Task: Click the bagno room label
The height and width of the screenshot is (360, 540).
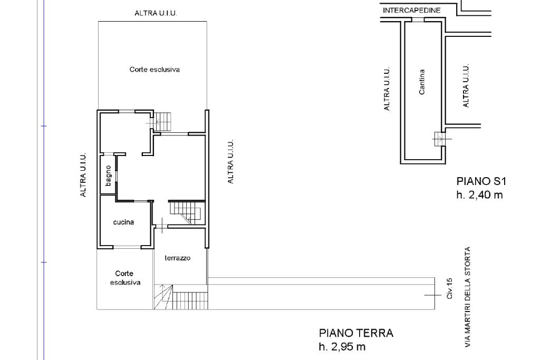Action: pyautogui.click(x=108, y=176)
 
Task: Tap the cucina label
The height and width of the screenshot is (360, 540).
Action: pyautogui.click(x=123, y=222)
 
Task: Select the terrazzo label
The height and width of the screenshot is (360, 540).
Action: pyautogui.click(x=177, y=258)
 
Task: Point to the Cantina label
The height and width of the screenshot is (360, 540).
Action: pyautogui.click(x=421, y=82)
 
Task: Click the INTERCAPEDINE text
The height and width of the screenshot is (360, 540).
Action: pyautogui.click(x=411, y=11)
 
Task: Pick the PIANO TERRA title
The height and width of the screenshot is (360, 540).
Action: pyautogui.click(x=356, y=333)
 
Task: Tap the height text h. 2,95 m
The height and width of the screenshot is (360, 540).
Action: pyautogui.click(x=342, y=347)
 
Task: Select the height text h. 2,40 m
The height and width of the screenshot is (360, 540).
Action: pyautogui.click(x=479, y=195)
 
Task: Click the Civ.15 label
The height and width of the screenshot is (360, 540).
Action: pyautogui.click(x=449, y=288)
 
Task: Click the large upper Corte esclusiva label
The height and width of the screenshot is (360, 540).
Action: pyautogui.click(x=155, y=70)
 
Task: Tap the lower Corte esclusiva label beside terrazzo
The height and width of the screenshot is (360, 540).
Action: pyautogui.click(x=124, y=278)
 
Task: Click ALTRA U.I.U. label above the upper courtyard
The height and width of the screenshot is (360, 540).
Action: pyautogui.click(x=156, y=13)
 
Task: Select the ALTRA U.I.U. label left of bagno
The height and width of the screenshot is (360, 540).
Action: pyautogui.click(x=83, y=175)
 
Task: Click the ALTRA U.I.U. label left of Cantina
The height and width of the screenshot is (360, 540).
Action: pyautogui.click(x=387, y=89)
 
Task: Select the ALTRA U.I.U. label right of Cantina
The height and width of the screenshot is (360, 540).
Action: pyautogui.click(x=466, y=85)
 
